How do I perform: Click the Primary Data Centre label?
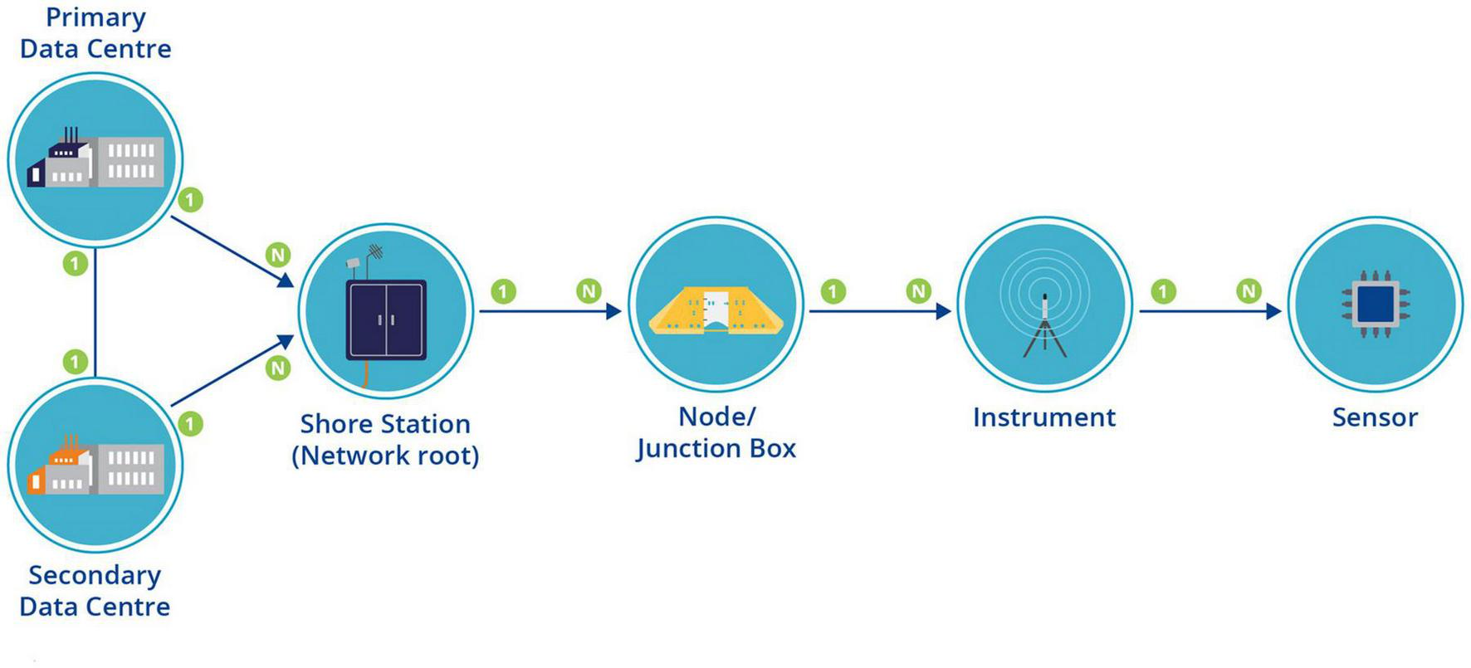[x=95, y=33]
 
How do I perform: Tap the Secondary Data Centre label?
[x=95, y=591]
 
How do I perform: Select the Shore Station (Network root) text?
[x=385, y=440]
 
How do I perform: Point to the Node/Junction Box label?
[x=716, y=432]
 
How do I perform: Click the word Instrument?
[x=1043, y=417]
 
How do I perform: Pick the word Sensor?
[x=1374, y=417]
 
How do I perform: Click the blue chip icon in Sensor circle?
[x=1375, y=303]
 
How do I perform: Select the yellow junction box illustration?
[x=715, y=311]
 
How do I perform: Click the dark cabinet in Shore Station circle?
[x=386, y=319]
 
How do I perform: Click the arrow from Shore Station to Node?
[x=550, y=311]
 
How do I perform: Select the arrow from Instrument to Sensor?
[x=1210, y=311]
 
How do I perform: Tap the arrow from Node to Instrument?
[x=880, y=311]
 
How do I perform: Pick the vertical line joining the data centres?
[x=95, y=313]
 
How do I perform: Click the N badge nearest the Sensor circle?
[x=1248, y=290]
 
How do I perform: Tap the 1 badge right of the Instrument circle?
[x=1163, y=291]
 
